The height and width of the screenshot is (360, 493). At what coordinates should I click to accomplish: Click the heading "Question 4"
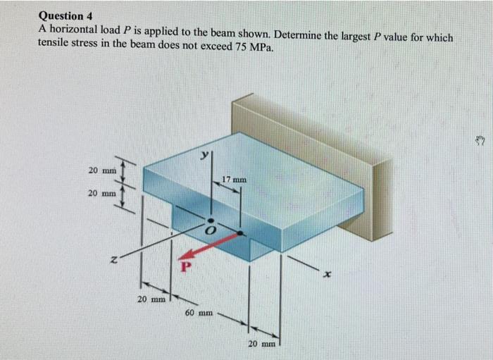tap(67, 15)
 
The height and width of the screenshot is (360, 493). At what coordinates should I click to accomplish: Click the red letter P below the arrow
tap(187, 267)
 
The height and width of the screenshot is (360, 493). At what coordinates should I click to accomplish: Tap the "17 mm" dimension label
tap(234, 180)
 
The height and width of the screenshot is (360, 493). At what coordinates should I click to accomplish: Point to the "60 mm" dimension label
tap(199, 311)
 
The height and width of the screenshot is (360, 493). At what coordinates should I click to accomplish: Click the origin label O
tap(208, 232)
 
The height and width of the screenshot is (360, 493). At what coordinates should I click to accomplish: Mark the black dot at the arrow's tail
tap(241, 231)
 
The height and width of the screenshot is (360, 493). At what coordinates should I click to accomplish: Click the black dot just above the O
tap(209, 221)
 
